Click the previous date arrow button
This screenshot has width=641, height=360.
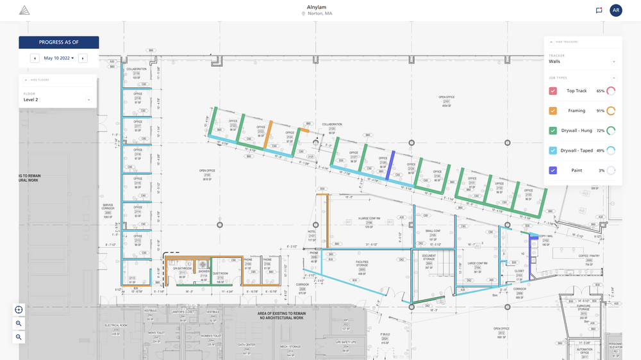35,58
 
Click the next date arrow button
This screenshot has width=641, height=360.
83,58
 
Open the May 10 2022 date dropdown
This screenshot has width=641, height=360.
58,58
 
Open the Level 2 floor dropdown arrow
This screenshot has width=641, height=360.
88,100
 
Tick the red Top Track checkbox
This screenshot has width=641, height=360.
553,91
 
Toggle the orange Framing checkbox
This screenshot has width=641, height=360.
553,111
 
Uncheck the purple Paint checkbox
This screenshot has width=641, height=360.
553,170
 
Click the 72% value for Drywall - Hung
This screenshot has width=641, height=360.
601,131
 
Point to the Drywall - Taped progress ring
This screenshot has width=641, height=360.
611,151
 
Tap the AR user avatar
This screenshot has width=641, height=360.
615,10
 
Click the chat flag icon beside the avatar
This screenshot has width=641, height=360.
599,10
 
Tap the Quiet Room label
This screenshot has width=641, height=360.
220,274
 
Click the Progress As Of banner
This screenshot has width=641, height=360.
58,42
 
